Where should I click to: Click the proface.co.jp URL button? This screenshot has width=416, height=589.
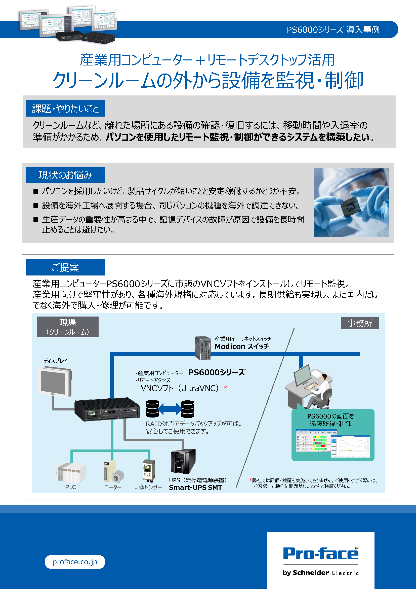pyautogui.click(x=75, y=562)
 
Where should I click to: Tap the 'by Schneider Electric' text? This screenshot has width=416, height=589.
pyautogui.click(x=321, y=573)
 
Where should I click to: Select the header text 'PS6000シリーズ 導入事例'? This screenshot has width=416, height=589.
pyautogui.click(x=333, y=30)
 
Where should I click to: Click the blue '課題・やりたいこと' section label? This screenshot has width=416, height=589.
pyautogui.click(x=65, y=109)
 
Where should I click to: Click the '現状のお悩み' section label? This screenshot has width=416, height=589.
pyautogui.click(x=65, y=175)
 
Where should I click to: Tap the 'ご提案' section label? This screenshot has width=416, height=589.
pyautogui.click(x=65, y=267)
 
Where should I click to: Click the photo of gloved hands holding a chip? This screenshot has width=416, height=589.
pyautogui.click(x=351, y=203)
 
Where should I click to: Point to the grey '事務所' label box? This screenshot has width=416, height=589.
pyautogui.click(x=359, y=323)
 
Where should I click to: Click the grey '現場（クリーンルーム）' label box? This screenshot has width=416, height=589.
pyautogui.click(x=68, y=327)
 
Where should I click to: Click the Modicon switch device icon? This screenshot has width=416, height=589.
pyautogui.click(x=203, y=348)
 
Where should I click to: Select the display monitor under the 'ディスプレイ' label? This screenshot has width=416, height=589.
pyautogui.click(x=55, y=382)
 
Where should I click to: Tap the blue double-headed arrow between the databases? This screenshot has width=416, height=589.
pyautogui.click(x=170, y=409)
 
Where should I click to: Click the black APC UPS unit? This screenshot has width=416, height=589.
pyautogui.click(x=183, y=462)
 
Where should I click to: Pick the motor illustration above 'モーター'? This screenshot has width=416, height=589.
pyautogui.click(x=113, y=471)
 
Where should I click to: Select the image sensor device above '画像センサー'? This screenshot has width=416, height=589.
pyautogui.click(x=149, y=470)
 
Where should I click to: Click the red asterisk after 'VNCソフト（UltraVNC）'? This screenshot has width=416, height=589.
pyautogui.click(x=225, y=388)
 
